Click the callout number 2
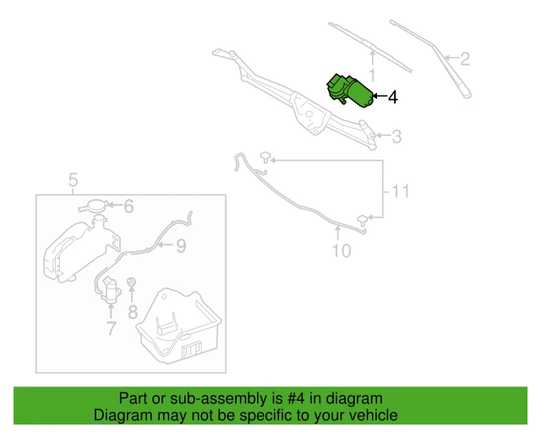click(464, 59)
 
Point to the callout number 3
click(396, 136)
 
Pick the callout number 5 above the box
click(73, 180)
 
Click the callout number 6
click(128, 206)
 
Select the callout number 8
click(133, 312)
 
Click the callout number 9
click(180, 246)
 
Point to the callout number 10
click(340, 250)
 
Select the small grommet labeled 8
click(132, 282)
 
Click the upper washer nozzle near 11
click(265, 156)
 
